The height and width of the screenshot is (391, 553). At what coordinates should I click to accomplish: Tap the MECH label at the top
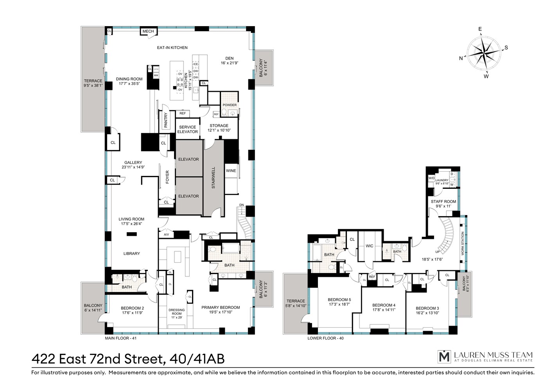coord(148,31)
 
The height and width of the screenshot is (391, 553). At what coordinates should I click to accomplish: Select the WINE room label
coord(231,171)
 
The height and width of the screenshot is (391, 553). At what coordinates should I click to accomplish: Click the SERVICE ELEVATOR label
coord(188,129)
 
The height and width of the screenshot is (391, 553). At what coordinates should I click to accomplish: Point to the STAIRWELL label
coord(214,178)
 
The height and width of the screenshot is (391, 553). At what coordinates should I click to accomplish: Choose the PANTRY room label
coord(166,120)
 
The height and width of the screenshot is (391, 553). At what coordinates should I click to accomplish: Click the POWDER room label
coord(230,105)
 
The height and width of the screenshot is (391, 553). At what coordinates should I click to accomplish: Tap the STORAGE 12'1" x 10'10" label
coord(219,128)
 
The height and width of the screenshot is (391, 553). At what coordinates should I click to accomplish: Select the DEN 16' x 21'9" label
coord(230,60)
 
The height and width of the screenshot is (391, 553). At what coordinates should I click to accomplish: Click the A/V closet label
coord(166,235)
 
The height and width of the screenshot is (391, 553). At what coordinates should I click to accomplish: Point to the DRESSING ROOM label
coord(176,313)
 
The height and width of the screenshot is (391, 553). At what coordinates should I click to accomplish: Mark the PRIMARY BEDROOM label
coord(221,310)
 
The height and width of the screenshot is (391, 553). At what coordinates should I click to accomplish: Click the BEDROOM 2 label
coord(133,310)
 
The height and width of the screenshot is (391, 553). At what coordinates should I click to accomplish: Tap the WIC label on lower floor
coord(369,246)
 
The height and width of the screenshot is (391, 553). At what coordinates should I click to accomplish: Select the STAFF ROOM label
coord(443,204)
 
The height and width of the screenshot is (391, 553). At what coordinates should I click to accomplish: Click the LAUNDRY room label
coord(442,182)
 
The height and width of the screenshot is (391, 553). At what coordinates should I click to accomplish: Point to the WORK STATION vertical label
coord(463,244)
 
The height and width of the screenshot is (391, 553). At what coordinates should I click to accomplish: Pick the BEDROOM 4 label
coord(384,307)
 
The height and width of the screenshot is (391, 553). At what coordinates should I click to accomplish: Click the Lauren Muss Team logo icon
coord(444,356)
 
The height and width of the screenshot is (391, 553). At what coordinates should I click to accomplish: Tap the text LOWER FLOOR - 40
coord(325,338)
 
